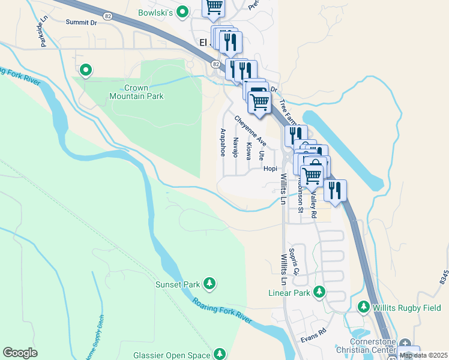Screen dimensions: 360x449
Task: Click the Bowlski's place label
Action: pos(154,12)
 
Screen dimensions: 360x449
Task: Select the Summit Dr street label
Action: pos(81,22)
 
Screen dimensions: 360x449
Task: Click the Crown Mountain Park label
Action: pos(136,91)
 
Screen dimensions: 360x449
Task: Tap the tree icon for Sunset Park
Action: pos(209,283)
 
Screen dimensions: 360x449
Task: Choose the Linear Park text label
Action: pos(288,293)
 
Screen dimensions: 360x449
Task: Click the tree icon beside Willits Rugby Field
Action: pos(363,307)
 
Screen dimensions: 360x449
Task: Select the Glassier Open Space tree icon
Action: pos(220,354)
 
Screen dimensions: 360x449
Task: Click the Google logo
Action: pos(20,353)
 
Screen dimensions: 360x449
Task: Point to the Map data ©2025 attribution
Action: pos(423,355)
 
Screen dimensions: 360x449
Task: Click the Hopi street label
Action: pos(270,169)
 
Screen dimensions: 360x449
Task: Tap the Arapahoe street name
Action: pos(223,142)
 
